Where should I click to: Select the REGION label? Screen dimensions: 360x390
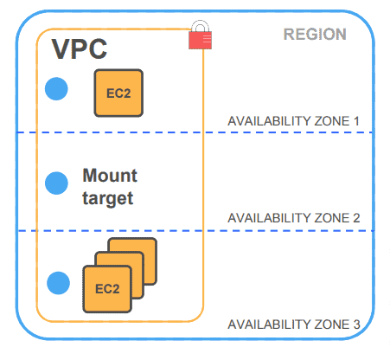click(315, 35)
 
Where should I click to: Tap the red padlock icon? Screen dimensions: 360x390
click(200, 37)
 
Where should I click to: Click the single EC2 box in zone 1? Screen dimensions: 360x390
click(118, 93)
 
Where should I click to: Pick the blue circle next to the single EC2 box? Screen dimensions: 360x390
click(56, 88)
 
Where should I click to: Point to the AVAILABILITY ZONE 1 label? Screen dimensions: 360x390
click(292, 121)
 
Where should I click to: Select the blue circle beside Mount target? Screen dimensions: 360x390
click(56, 183)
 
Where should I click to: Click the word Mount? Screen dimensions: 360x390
click(110, 176)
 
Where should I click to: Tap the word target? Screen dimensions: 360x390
click(107, 198)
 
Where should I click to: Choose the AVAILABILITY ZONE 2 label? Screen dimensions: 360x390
click(292, 218)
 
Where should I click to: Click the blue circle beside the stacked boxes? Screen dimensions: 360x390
click(58, 282)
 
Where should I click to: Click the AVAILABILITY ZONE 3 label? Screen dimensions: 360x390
click(292, 325)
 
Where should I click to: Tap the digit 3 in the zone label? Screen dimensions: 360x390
click(355, 325)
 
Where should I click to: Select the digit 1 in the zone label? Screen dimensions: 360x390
click(355, 121)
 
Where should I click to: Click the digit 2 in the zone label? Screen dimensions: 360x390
click(355, 218)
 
